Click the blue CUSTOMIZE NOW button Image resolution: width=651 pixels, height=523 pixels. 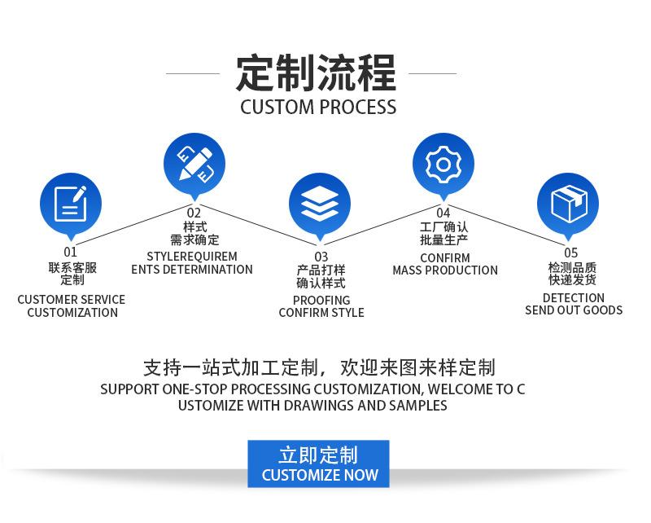coord(319,464)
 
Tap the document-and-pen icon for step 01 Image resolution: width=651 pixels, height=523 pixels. coord(71,203)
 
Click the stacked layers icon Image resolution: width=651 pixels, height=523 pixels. coord(320,204)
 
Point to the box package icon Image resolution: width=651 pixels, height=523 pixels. coord(568,204)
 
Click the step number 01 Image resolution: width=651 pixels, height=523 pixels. coord(71,252)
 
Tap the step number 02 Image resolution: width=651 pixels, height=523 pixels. coord(194,213)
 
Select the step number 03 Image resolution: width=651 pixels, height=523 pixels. coord(321,257)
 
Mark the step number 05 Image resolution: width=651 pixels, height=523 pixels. coord(571,253)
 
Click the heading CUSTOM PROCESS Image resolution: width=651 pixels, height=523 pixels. coord(318,107)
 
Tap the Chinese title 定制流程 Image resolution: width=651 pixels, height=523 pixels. coord(316,73)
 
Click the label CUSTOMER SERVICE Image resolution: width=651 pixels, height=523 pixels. coord(72,299)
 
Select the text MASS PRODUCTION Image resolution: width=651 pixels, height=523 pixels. coord(445,270)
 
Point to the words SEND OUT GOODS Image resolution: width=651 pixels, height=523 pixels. coord(574,310)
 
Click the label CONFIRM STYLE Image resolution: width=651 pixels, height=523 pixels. coord(321,312)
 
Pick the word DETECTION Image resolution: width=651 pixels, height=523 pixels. coord(574,297)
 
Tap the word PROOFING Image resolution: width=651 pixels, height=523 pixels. coord(321,300)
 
